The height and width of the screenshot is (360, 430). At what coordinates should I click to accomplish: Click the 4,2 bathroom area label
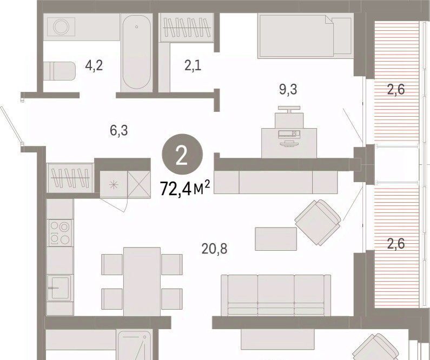coord(94,66)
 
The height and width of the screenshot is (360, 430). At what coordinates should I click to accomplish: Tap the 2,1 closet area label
coord(193,66)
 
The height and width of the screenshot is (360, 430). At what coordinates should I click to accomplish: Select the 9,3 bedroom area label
coord(288,89)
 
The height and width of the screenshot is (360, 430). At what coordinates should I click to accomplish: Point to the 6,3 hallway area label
coord(119,130)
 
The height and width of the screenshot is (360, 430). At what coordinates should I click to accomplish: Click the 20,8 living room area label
coord(214,249)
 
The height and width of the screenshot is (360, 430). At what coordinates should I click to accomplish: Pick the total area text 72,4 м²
coord(185,189)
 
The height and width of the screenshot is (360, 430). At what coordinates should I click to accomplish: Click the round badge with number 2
coord(182,154)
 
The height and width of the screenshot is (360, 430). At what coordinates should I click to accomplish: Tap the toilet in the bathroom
coord(59,71)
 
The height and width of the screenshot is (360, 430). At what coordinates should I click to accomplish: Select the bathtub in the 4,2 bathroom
coord(136,52)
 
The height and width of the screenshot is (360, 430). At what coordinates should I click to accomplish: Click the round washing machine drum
coord(61,27)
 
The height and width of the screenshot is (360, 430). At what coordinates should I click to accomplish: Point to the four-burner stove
coord(61,233)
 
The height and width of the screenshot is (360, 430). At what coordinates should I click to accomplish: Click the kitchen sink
coord(60,288)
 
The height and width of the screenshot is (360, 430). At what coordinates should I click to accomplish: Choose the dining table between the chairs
coord(142,282)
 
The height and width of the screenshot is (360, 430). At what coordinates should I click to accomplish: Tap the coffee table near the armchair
coord(276,239)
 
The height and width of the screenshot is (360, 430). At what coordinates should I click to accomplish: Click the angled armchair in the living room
coord(318,222)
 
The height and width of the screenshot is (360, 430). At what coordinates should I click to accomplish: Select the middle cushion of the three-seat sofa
coord(276,295)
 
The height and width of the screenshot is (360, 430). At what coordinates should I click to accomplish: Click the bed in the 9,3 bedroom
coord(305,36)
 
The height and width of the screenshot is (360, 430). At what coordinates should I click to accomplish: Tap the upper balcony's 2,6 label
coord(396,89)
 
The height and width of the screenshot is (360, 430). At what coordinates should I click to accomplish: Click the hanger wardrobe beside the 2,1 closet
coord(187,28)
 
